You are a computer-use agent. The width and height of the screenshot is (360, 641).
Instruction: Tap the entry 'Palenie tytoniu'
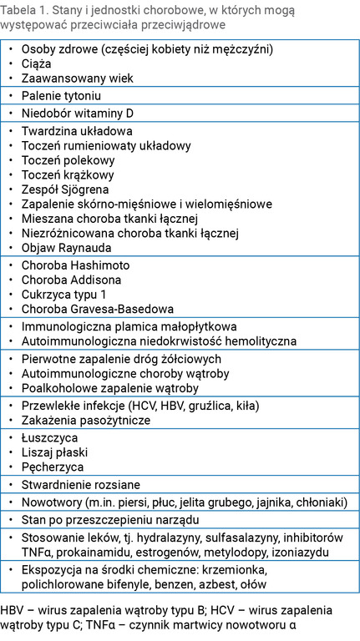[x=63, y=96]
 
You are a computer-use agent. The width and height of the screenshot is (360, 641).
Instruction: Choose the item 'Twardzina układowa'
[x=77, y=131]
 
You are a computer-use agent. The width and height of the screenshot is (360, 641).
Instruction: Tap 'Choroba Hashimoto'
[x=75, y=265]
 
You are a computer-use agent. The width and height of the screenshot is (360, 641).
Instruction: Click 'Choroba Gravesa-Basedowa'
[x=97, y=310]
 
